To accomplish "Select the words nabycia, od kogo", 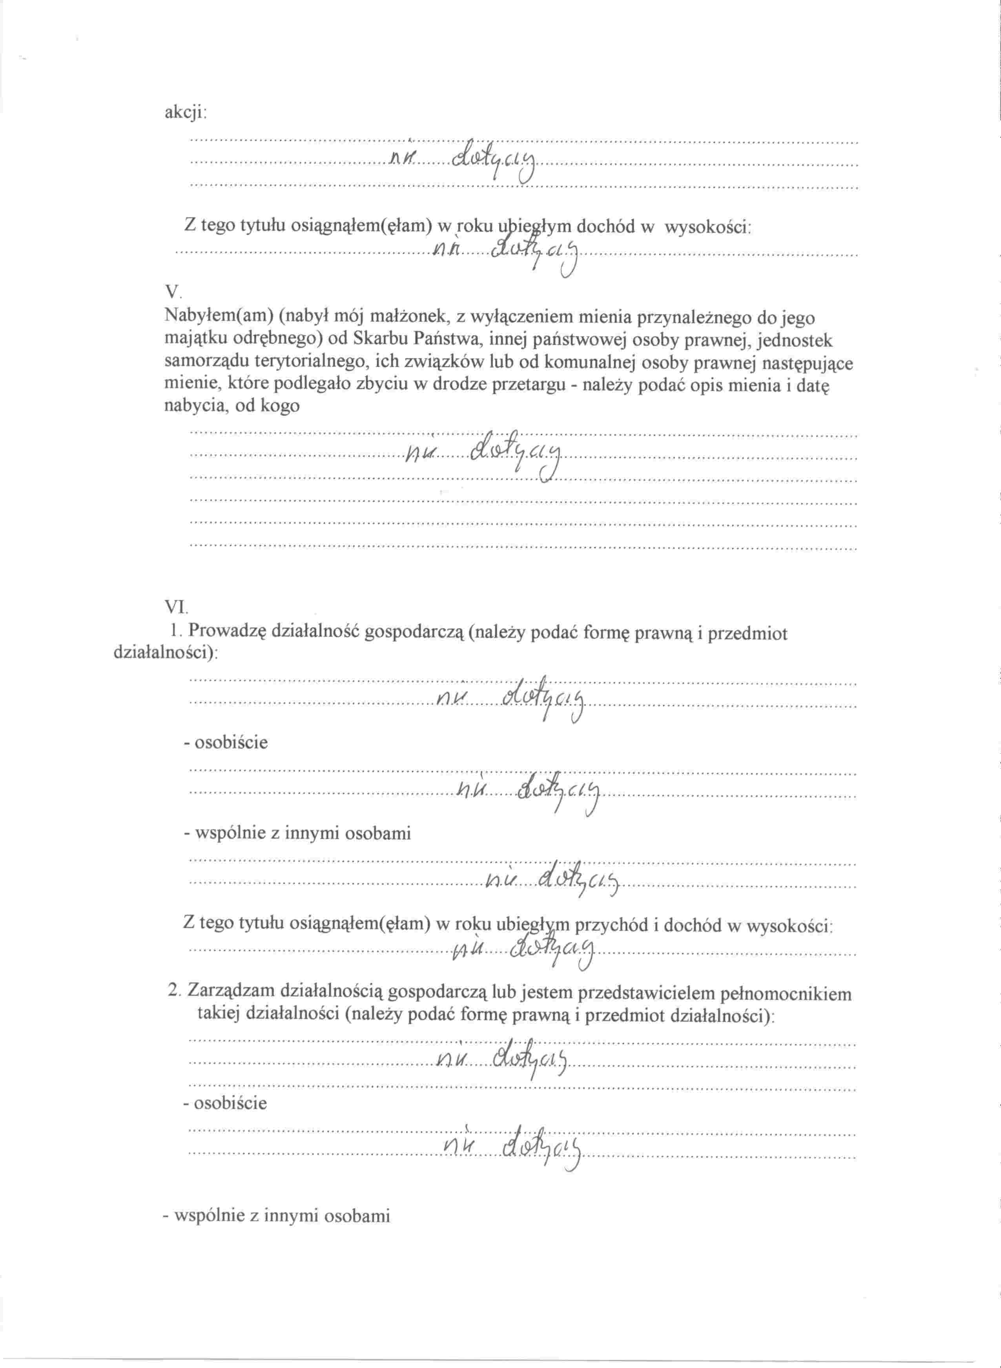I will [232, 405].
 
